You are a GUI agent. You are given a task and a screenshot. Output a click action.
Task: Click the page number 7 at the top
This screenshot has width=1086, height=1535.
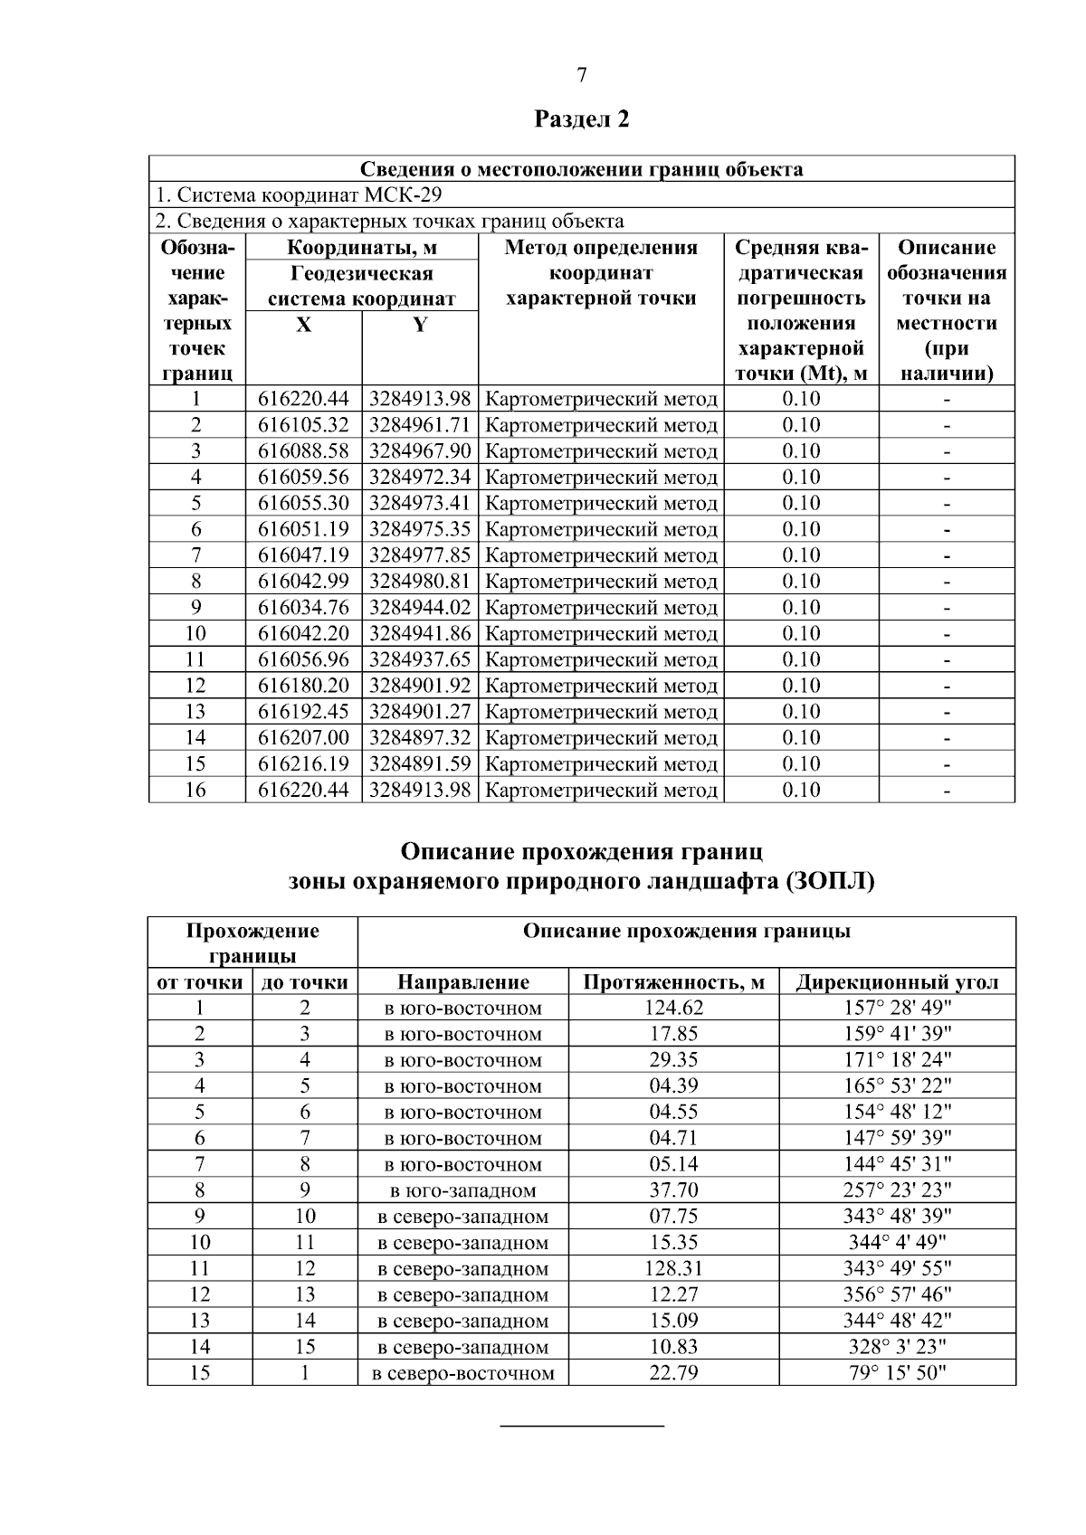(582, 76)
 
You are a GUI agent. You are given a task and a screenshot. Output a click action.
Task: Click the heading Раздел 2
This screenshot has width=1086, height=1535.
(582, 119)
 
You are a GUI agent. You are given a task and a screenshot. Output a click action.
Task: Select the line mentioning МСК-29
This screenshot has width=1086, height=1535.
(299, 195)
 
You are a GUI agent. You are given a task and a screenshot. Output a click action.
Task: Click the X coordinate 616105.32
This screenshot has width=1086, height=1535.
(303, 425)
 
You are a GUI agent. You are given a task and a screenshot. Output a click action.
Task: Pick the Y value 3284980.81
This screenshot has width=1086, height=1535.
(420, 582)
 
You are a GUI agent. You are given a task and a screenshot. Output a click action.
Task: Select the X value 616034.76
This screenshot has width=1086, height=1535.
(303, 608)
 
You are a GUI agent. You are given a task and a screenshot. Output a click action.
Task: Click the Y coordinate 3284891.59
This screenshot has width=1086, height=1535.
(420, 764)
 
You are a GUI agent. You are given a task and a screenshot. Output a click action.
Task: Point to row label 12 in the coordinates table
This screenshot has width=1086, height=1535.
(195, 686)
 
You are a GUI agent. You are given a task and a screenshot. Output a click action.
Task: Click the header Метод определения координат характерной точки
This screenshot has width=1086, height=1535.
(601, 273)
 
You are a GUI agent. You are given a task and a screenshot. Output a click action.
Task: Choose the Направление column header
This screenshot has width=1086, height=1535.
(463, 983)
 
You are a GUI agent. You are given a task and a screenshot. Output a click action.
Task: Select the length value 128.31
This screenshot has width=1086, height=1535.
(673, 1269)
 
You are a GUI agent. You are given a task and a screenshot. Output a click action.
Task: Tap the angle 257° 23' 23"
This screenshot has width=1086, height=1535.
(897, 1191)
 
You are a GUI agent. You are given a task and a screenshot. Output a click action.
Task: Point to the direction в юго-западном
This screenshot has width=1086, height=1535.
(463, 1191)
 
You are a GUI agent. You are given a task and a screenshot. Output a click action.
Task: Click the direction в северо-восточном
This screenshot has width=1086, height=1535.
(463, 1374)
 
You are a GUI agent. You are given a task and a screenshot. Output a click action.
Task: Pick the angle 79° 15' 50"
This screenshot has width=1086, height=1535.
(897, 1374)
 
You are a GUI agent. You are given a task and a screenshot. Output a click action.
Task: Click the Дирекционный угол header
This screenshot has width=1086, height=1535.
(897, 983)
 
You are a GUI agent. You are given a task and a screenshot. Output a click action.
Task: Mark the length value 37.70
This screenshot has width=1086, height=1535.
(673, 1191)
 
